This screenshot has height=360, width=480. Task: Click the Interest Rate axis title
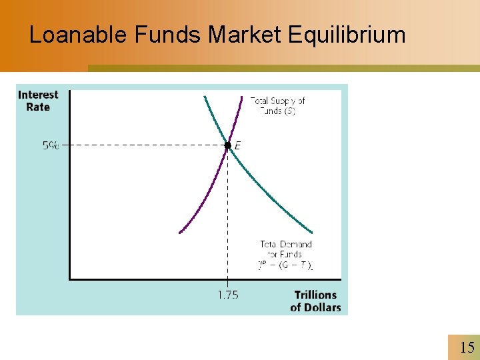pyautogui.click(x=38, y=101)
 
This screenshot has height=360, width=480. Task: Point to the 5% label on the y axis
pyautogui.click(x=51, y=145)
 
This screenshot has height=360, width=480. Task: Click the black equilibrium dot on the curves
pyautogui.click(x=227, y=145)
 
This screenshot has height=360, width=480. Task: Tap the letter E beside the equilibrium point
pyautogui.click(x=238, y=145)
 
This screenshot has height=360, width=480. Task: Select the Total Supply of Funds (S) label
pyautogui.click(x=277, y=105)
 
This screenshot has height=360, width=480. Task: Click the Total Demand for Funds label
pyautogui.click(x=286, y=249)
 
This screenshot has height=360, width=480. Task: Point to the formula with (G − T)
pyautogui.click(x=286, y=265)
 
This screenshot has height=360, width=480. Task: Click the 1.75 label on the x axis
pyautogui.click(x=228, y=295)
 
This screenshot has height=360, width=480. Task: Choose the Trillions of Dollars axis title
pyautogui.click(x=315, y=301)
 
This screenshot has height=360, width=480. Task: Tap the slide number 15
pyautogui.click(x=467, y=347)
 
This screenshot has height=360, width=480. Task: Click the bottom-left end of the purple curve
pyautogui.click(x=180, y=232)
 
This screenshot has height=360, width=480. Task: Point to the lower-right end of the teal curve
pyautogui.click(x=311, y=231)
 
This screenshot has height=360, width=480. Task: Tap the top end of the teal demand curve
pyautogui.click(x=205, y=97)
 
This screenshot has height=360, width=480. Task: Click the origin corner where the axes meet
pyautogui.click(x=69, y=279)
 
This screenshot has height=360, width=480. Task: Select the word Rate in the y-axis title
pyautogui.click(x=38, y=107)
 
